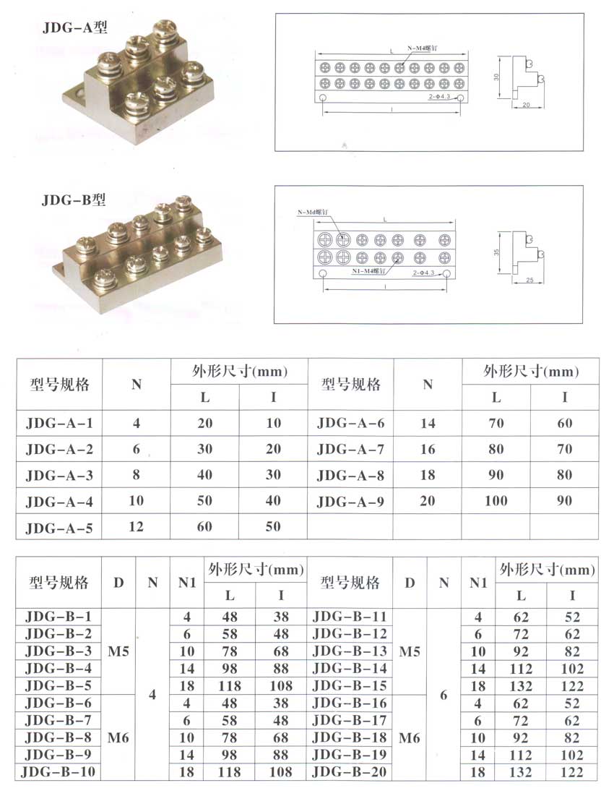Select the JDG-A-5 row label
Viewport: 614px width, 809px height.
pos(59,527)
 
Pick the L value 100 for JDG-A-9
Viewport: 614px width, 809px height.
pos(496,500)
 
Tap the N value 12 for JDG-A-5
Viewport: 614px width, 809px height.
pos(136,526)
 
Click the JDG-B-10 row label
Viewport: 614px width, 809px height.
pos(59,772)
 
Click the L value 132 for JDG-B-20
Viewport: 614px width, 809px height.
pos(520,772)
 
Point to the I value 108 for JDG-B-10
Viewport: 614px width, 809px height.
pos(280,772)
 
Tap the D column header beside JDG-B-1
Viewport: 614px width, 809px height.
pos(118,582)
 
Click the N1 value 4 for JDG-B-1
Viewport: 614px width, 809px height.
pos(187,617)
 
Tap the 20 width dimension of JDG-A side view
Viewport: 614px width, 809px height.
pos(524,106)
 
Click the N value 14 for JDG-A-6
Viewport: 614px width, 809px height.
pos(428,423)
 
